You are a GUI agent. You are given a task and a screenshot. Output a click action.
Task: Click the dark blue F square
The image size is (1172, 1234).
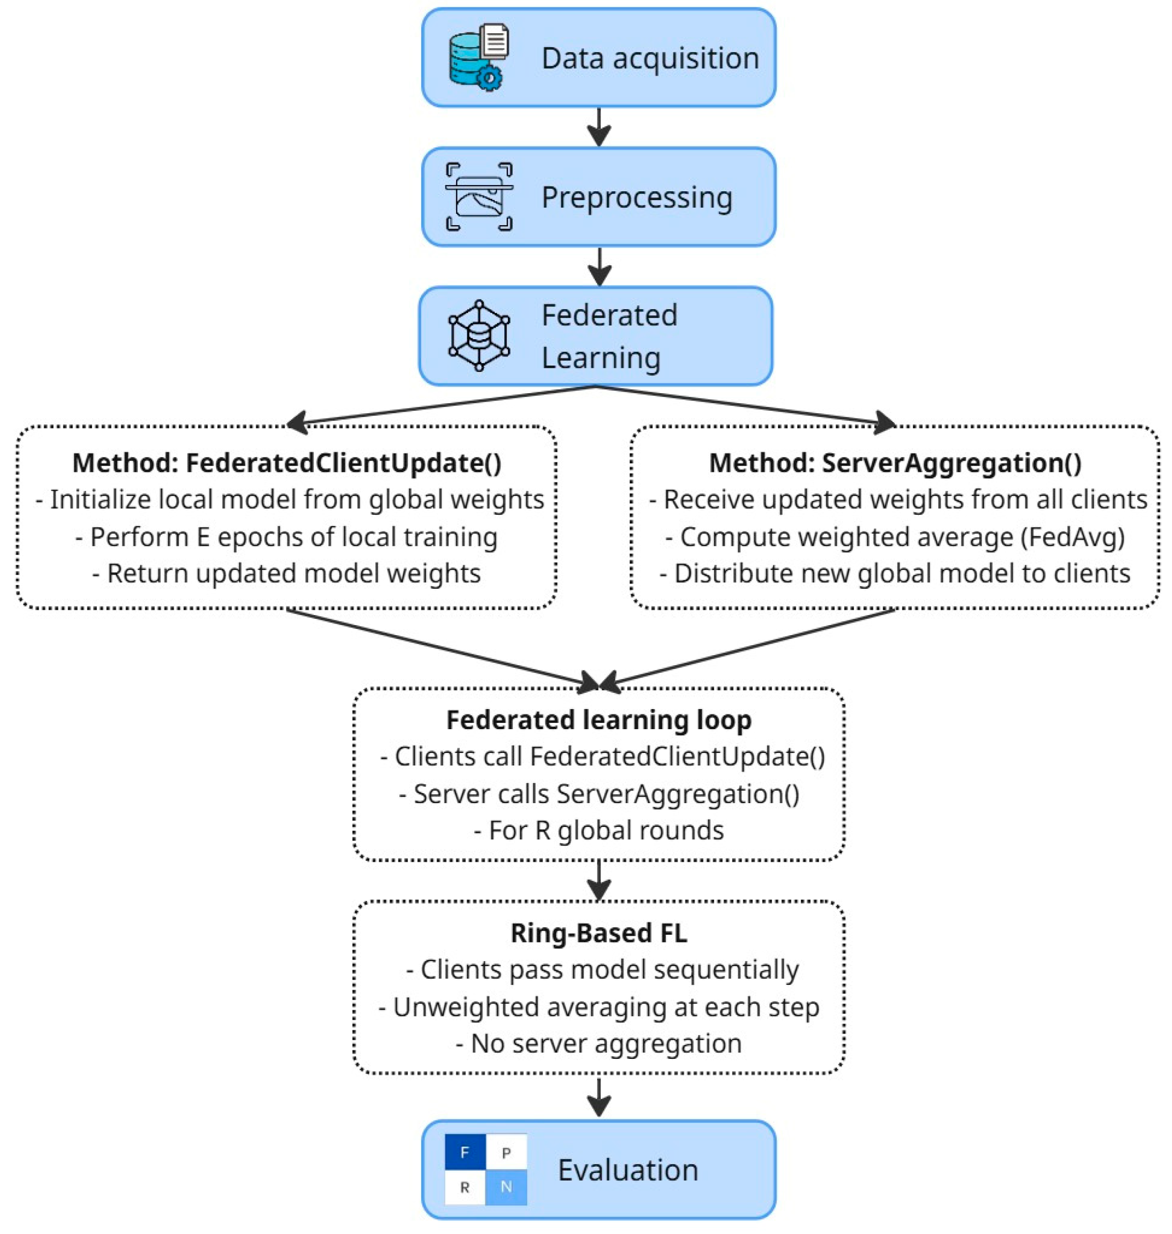point(465,1151)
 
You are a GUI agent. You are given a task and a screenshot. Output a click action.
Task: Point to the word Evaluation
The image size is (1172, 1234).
point(628,1170)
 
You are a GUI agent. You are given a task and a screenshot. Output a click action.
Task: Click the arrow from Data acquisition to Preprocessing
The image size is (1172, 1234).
point(599,127)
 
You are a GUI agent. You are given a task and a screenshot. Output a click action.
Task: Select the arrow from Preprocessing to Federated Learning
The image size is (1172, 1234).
point(599,266)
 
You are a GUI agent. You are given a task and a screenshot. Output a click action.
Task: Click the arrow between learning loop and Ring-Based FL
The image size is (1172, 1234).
point(599,880)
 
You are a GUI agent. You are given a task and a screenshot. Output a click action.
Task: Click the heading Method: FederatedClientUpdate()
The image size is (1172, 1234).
point(287,463)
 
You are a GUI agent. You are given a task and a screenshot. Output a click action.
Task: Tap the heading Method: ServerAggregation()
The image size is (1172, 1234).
point(894,463)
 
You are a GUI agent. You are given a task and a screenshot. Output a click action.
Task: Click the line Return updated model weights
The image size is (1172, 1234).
point(287,574)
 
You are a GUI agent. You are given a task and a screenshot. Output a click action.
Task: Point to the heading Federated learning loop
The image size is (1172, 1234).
point(599,720)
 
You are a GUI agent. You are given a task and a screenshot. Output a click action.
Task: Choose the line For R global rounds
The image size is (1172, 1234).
point(599,830)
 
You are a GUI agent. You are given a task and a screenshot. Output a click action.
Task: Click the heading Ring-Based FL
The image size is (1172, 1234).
point(599,933)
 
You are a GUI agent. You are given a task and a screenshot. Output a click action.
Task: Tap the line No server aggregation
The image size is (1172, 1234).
point(599,1044)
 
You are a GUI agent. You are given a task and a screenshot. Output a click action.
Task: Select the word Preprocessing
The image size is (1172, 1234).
point(637,198)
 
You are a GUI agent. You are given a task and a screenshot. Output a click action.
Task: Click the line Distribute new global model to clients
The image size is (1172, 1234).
point(894,574)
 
